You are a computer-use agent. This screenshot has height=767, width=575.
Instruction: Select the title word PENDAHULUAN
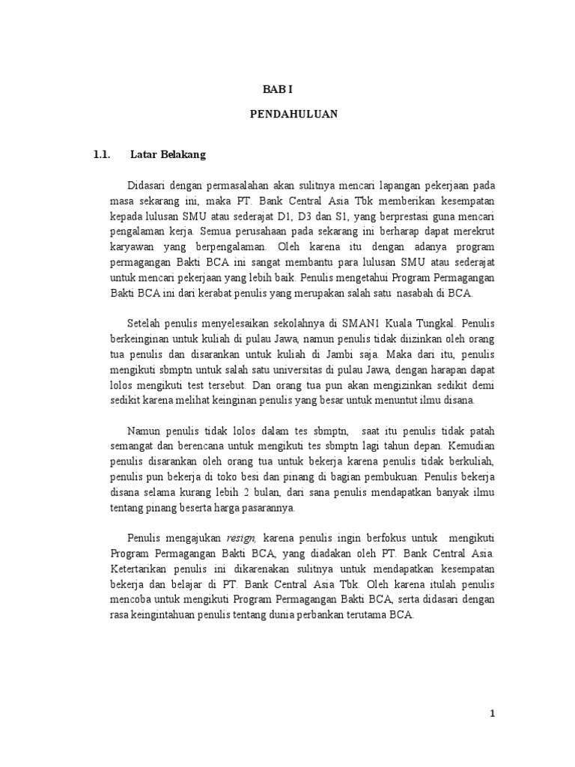tap(293, 114)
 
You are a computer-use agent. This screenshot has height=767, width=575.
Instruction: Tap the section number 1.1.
tap(102, 155)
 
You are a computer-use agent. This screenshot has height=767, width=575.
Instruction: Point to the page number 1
tap(492, 713)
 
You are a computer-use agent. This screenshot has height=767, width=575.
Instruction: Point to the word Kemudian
tap(472, 446)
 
